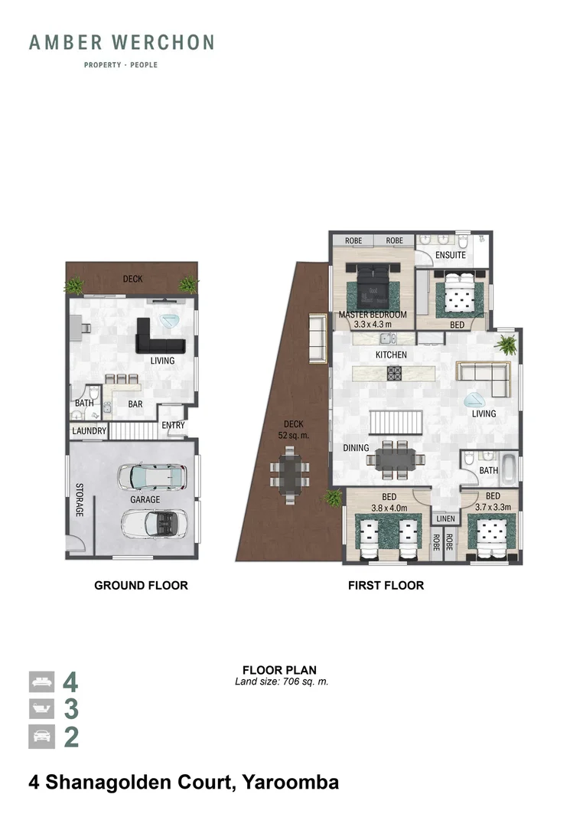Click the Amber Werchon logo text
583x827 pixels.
(x=121, y=43)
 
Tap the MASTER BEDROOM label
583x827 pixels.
(x=372, y=315)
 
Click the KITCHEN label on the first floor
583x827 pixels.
(x=390, y=355)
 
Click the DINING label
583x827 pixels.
(x=356, y=448)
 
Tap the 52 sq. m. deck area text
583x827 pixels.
(x=294, y=435)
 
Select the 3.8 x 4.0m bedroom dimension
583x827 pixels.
(x=389, y=507)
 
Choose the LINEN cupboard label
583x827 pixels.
(x=445, y=519)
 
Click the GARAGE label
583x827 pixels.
(x=145, y=500)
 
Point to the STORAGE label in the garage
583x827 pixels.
(x=79, y=499)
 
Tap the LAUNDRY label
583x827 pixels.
(x=89, y=431)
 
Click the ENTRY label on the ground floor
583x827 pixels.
(x=172, y=426)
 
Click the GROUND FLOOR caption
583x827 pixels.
(x=141, y=585)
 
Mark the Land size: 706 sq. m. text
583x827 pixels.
(x=281, y=682)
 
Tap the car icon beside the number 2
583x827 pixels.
(x=41, y=737)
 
